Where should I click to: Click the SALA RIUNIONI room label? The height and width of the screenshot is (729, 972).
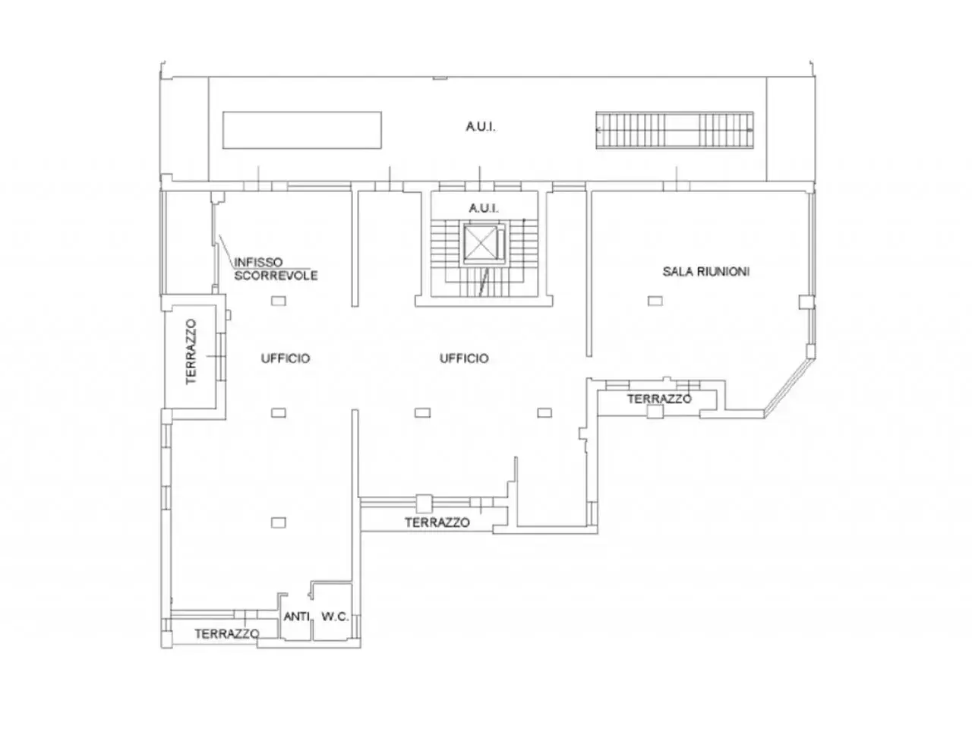click(706, 271)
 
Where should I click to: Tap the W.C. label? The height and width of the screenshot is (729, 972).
click(335, 616)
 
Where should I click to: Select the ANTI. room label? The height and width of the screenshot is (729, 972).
click(297, 616)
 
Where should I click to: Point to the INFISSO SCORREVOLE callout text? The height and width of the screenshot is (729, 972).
click(276, 269)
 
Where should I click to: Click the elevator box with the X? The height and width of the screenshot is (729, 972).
click(481, 243)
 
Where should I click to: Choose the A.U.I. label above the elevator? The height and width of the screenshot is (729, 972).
click(484, 208)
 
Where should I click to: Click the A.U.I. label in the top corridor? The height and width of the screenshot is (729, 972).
click(481, 127)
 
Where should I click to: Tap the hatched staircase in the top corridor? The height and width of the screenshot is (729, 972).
click(674, 130)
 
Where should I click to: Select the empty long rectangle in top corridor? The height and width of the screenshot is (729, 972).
click(302, 130)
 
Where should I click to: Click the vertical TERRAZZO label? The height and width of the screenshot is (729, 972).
click(191, 352)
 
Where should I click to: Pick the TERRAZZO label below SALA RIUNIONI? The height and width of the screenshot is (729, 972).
click(659, 399)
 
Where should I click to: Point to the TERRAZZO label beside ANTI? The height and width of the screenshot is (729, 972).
click(227, 634)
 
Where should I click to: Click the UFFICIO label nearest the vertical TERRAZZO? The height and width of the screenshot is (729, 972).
click(286, 358)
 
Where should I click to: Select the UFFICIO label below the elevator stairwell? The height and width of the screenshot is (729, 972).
click(464, 358)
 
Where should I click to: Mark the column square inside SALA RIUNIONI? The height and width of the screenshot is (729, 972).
click(655, 301)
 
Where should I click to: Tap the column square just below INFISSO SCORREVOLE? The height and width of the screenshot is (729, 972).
click(279, 301)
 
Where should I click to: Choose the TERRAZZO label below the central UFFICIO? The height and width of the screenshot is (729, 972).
click(437, 522)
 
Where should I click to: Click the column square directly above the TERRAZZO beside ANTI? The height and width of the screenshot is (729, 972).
click(278, 522)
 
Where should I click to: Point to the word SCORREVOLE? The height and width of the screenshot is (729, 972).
click(276, 276)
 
